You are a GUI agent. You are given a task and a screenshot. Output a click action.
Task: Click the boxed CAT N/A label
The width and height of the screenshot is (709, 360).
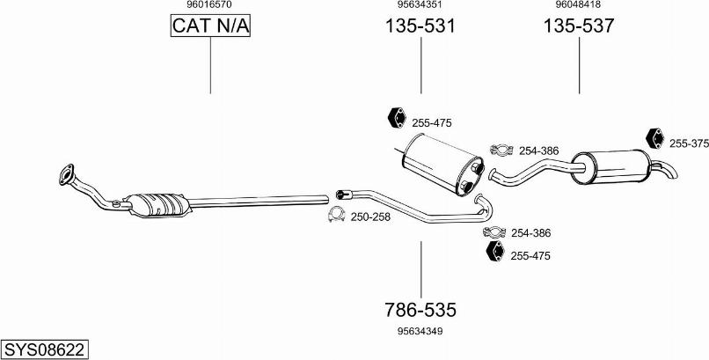[210, 26]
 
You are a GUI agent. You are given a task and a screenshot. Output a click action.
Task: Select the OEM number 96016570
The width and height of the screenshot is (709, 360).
[210, 4]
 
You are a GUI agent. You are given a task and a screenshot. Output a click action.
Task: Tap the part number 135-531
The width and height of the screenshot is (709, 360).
[420, 26]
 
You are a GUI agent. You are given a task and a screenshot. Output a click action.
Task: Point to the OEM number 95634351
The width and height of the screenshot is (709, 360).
[420, 4]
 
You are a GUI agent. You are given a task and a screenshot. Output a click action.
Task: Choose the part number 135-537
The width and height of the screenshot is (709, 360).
[579, 26]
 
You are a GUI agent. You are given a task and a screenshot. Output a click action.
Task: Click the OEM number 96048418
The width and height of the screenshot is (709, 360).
[578, 4]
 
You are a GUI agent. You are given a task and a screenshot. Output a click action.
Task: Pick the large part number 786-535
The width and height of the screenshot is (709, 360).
[420, 310]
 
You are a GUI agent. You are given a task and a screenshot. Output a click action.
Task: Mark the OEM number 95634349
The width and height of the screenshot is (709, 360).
[420, 332]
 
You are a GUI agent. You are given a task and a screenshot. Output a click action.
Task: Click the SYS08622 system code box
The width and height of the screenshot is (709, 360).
[44, 349]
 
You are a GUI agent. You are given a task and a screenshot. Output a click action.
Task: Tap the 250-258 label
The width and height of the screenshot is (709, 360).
[370, 217]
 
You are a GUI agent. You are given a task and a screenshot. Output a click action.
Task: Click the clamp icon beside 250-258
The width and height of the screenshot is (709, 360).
[336, 215]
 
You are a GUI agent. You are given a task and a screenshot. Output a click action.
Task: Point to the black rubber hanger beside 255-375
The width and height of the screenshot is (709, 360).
[654, 138]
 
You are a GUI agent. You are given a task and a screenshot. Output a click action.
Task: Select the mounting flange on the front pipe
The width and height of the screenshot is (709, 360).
[66, 174]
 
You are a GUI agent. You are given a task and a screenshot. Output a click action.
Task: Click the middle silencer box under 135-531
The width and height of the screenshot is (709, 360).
[443, 164]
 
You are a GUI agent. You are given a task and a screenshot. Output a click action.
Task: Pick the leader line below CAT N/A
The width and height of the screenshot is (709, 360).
[210, 65]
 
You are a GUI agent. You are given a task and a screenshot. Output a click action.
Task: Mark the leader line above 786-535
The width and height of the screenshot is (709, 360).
[421, 269]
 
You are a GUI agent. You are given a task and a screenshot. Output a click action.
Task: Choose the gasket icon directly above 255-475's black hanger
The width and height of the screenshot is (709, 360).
[494, 232]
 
